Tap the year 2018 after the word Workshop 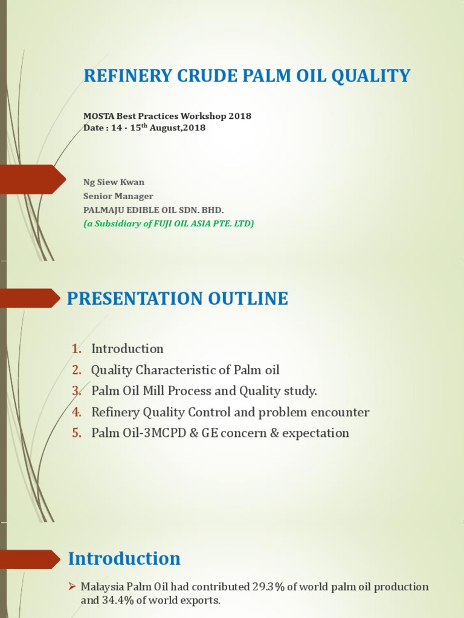tap(239, 116)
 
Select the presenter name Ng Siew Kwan tap(114, 182)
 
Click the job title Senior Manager tap(118, 196)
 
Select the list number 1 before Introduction tap(76, 349)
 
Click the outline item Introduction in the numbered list tap(127, 349)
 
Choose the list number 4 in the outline tap(76, 412)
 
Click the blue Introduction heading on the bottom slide tap(124, 559)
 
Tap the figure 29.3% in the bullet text tap(268, 587)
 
